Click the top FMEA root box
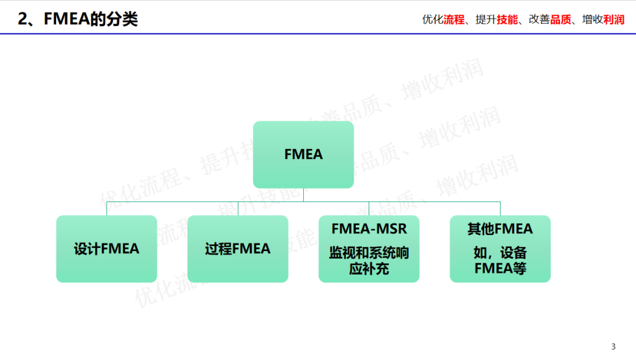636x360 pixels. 303,154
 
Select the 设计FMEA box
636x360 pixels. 107,249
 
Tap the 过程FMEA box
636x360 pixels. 238,249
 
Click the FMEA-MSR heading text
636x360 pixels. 369,229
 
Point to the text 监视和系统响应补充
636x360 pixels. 369,261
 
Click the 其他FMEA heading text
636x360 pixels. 500,229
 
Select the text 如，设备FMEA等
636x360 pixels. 500,261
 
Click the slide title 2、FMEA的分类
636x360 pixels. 78,19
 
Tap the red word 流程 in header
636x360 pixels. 454,19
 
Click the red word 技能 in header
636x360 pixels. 507,19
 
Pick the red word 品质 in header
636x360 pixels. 560,19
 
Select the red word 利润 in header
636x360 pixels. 614,19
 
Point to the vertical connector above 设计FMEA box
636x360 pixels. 107,209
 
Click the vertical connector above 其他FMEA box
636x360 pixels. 500,209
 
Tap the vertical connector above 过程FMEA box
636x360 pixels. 238,209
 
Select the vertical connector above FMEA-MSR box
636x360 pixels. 369,209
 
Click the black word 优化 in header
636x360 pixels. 433,19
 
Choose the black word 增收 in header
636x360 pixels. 592,19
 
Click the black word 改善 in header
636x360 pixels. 539,19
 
